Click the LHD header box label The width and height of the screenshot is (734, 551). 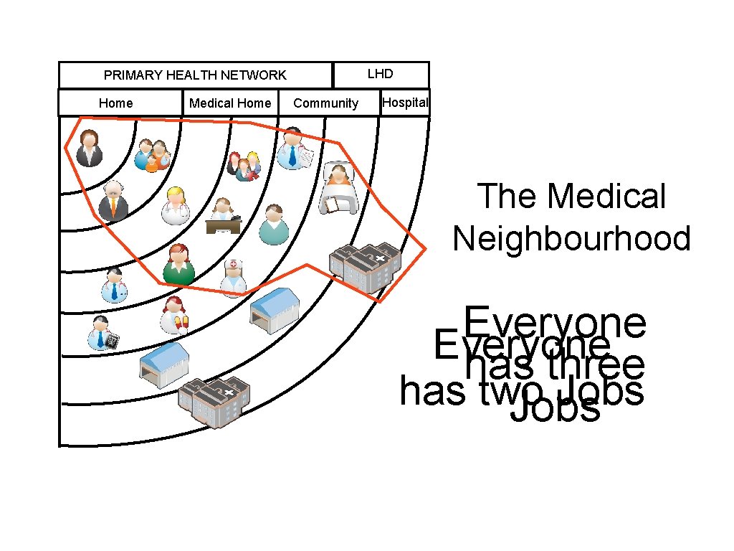pos(380,74)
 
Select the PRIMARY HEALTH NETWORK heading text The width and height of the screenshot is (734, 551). pos(195,75)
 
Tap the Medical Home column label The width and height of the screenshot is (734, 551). pos(230,103)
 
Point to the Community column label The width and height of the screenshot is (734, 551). pos(325,103)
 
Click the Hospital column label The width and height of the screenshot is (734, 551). pos(405,103)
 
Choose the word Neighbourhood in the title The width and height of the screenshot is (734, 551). pos(571,238)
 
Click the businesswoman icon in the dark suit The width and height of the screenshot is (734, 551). pos(90,148)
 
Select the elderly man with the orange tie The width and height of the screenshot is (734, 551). pos(113,201)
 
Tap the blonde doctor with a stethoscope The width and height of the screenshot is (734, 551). pos(175,207)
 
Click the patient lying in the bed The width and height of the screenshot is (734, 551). pos(338,188)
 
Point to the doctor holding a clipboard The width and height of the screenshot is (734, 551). pos(293,149)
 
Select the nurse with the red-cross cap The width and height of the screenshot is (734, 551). pos(234,278)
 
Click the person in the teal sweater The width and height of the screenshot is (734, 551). pos(273,225)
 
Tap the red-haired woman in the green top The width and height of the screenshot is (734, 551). pos(178,263)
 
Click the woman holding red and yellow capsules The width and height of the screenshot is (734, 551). pos(174,316)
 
